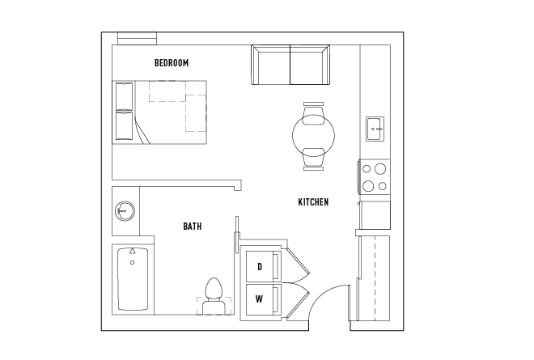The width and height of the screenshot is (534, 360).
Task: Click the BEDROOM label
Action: [x=172, y=62]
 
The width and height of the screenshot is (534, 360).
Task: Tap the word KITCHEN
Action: [x=313, y=201]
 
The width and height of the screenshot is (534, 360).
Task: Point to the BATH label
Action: [x=192, y=227]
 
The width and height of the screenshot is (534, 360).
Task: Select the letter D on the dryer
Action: [x=260, y=266]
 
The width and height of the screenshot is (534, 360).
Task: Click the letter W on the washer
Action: [x=259, y=299]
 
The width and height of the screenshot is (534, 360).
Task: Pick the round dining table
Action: [x=313, y=135]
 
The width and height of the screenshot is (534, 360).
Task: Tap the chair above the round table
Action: [x=313, y=109]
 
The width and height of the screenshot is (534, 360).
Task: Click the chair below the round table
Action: [x=313, y=159]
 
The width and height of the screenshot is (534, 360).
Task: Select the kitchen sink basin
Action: [x=374, y=127]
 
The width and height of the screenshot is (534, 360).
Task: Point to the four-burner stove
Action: [x=373, y=177]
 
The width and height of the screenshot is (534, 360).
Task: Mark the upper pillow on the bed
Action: [x=125, y=96]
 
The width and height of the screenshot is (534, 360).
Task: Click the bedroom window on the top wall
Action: [x=136, y=38]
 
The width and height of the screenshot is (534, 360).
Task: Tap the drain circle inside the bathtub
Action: [x=131, y=260]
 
